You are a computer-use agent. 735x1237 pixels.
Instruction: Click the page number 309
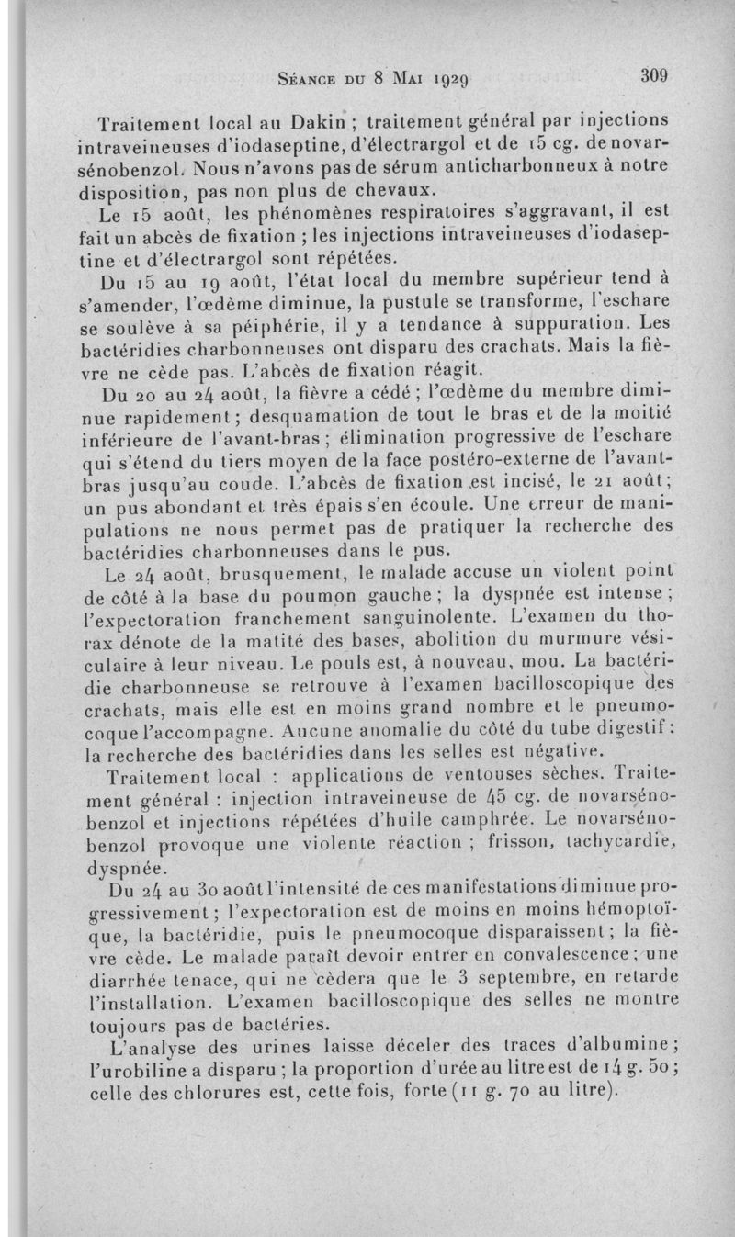coord(659,76)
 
